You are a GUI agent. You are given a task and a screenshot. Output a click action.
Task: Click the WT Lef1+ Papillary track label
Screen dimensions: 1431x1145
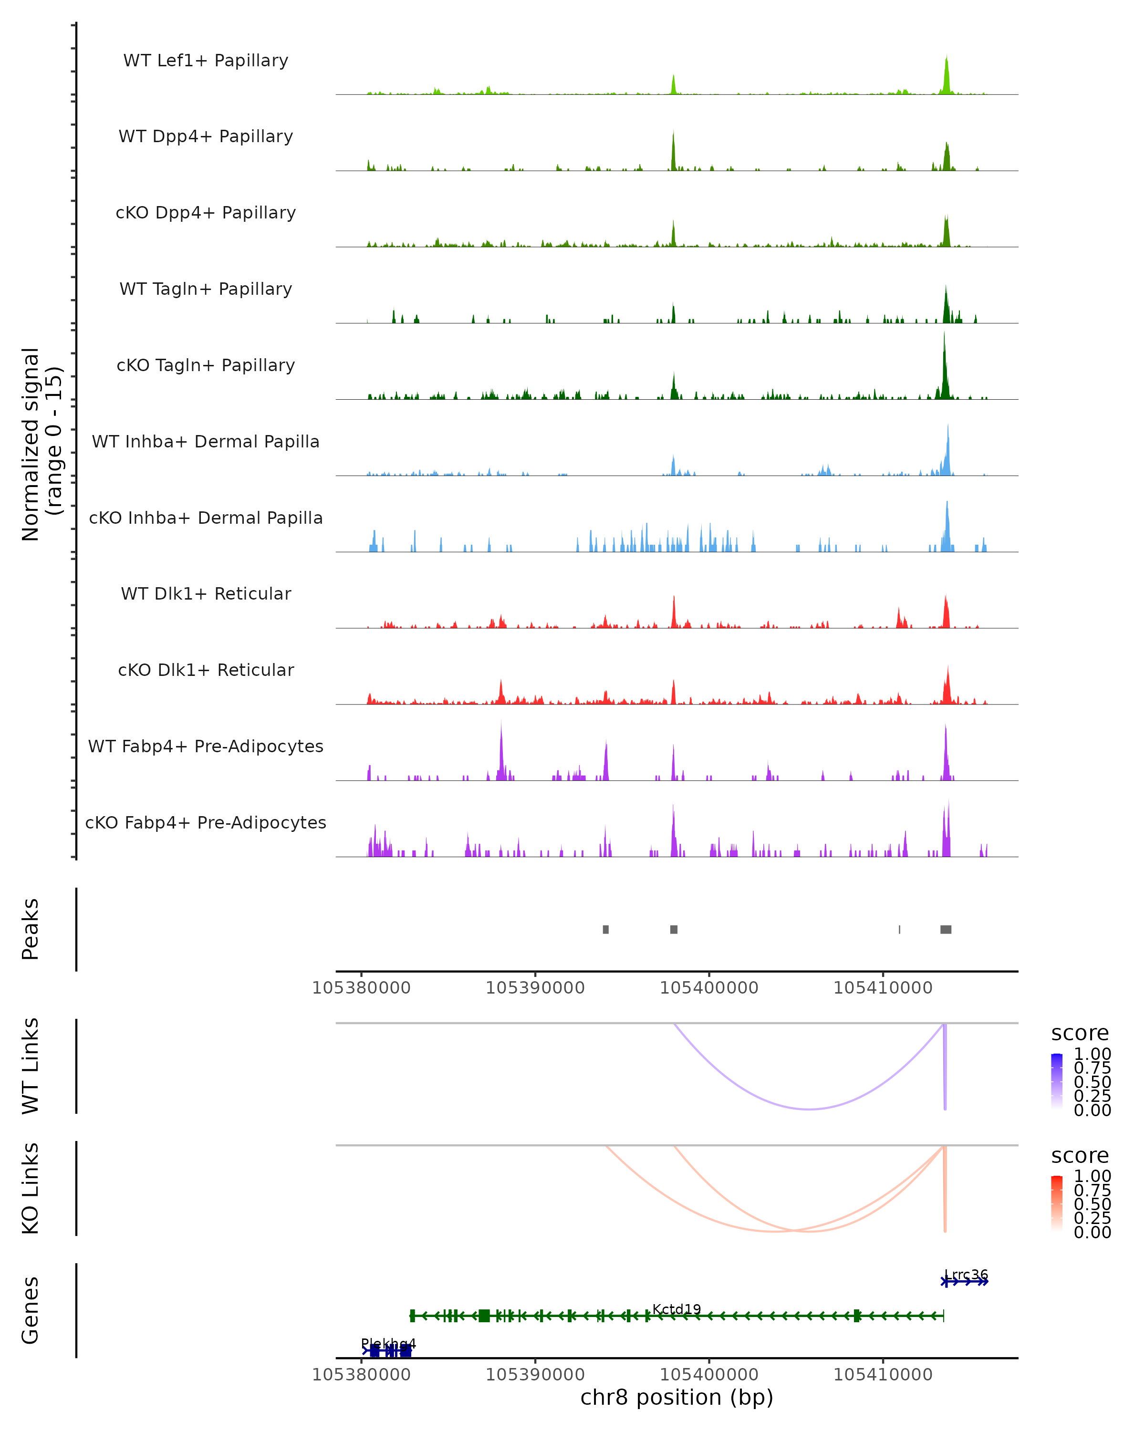click(x=206, y=61)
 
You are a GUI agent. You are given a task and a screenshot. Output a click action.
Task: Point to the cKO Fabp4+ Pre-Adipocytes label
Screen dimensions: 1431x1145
click(x=206, y=823)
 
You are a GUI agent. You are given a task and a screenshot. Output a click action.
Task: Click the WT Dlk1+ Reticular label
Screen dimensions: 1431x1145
click(x=206, y=594)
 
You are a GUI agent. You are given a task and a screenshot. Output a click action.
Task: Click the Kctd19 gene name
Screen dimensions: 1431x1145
click(x=677, y=1309)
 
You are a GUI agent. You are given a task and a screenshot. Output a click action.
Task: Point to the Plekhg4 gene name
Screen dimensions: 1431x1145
click(x=388, y=1343)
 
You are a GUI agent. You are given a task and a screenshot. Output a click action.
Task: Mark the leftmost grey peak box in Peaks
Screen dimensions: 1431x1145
click(x=605, y=929)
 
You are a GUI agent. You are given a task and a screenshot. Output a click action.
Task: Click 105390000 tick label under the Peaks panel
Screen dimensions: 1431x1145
click(x=535, y=988)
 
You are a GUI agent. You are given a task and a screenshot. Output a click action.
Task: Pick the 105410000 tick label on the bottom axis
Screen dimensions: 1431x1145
click(x=883, y=1375)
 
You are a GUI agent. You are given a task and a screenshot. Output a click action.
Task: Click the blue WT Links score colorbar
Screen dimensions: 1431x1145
click(x=1057, y=1081)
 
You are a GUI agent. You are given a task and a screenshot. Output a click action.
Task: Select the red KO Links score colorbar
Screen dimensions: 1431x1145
click(x=1057, y=1203)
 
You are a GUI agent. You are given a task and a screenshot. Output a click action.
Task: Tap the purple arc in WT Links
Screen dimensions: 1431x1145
click(x=809, y=1109)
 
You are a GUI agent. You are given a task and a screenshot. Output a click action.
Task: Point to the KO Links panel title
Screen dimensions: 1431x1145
click(x=31, y=1188)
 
